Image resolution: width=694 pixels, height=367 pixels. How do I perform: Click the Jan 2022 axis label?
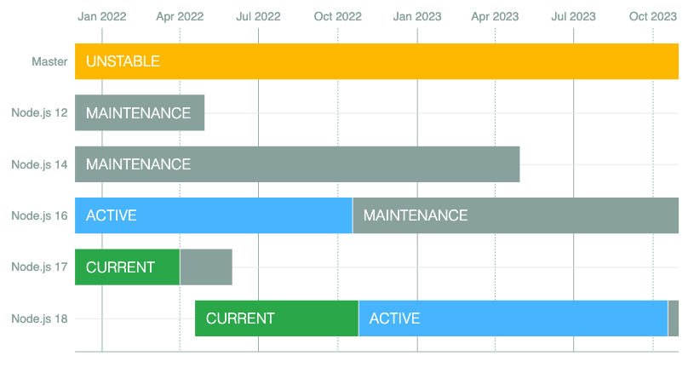(x=101, y=16)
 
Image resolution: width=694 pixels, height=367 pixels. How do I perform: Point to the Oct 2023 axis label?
(x=652, y=16)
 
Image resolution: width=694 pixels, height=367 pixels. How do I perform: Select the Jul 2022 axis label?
(x=258, y=16)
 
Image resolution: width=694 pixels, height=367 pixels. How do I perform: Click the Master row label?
(x=49, y=61)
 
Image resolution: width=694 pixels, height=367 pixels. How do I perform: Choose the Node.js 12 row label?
(x=39, y=113)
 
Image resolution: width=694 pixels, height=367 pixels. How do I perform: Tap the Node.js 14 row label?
(x=39, y=164)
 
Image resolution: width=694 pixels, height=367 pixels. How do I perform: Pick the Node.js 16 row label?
(x=39, y=215)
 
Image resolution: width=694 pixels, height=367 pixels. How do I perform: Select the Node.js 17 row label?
(x=39, y=267)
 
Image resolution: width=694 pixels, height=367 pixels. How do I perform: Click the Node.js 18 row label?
(x=39, y=318)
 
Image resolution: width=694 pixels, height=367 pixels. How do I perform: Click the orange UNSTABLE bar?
(x=376, y=61)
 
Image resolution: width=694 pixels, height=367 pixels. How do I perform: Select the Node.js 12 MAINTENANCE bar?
(x=140, y=113)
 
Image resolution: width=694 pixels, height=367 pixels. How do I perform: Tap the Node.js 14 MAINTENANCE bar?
(x=297, y=164)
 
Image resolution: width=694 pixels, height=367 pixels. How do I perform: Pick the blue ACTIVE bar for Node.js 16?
(x=213, y=215)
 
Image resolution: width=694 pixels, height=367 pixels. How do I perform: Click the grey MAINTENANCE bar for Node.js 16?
(x=515, y=215)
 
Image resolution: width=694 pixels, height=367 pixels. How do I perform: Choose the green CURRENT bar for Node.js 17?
(x=127, y=267)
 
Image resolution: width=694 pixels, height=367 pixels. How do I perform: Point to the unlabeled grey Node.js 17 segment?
(x=206, y=267)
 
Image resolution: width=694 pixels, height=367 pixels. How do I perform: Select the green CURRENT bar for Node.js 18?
(x=277, y=318)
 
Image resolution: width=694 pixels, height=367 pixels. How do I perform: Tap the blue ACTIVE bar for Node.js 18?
(x=513, y=318)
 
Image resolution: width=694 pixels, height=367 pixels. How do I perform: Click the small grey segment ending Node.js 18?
(x=673, y=318)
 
